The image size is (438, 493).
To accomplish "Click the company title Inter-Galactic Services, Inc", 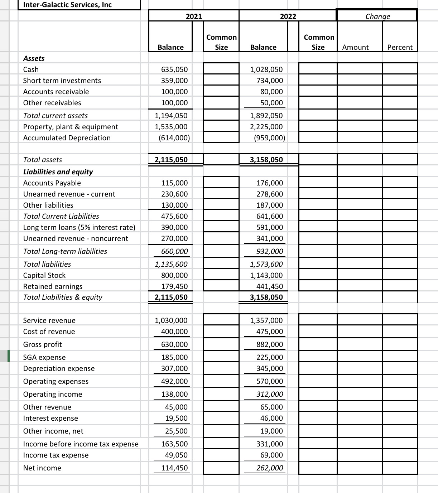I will pyautogui.click(x=67, y=5).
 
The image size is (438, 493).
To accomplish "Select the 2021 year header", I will pyautogui.click(x=194, y=16).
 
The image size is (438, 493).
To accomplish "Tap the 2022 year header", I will pyautogui.click(x=288, y=16).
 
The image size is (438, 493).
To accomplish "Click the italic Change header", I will pyautogui.click(x=377, y=16).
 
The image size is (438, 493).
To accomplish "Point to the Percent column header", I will pyautogui.click(x=400, y=47).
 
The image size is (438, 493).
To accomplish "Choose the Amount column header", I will pyautogui.click(x=355, y=47).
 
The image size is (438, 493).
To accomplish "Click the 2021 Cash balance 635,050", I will pyautogui.click(x=174, y=69).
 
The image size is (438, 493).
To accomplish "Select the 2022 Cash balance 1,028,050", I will pyautogui.click(x=266, y=69).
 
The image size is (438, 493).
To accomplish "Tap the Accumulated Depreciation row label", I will pyautogui.click(x=67, y=138).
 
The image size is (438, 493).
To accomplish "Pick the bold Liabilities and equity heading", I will pyautogui.click(x=58, y=172).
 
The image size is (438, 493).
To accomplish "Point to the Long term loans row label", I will pyautogui.click(x=79, y=227).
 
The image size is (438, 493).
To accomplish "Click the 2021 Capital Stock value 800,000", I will pyautogui.click(x=174, y=275).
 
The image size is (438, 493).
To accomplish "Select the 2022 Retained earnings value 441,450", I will pyautogui.click(x=270, y=286).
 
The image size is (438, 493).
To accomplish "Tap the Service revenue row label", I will pyautogui.click(x=49, y=320).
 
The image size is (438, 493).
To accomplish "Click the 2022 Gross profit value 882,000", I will pyautogui.click(x=270, y=344).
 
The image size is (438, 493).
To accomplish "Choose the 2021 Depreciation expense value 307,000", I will pyautogui.click(x=174, y=368).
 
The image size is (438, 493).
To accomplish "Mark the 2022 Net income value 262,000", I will pyautogui.click(x=270, y=468).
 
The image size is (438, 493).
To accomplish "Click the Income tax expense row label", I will pyautogui.click(x=56, y=455).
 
